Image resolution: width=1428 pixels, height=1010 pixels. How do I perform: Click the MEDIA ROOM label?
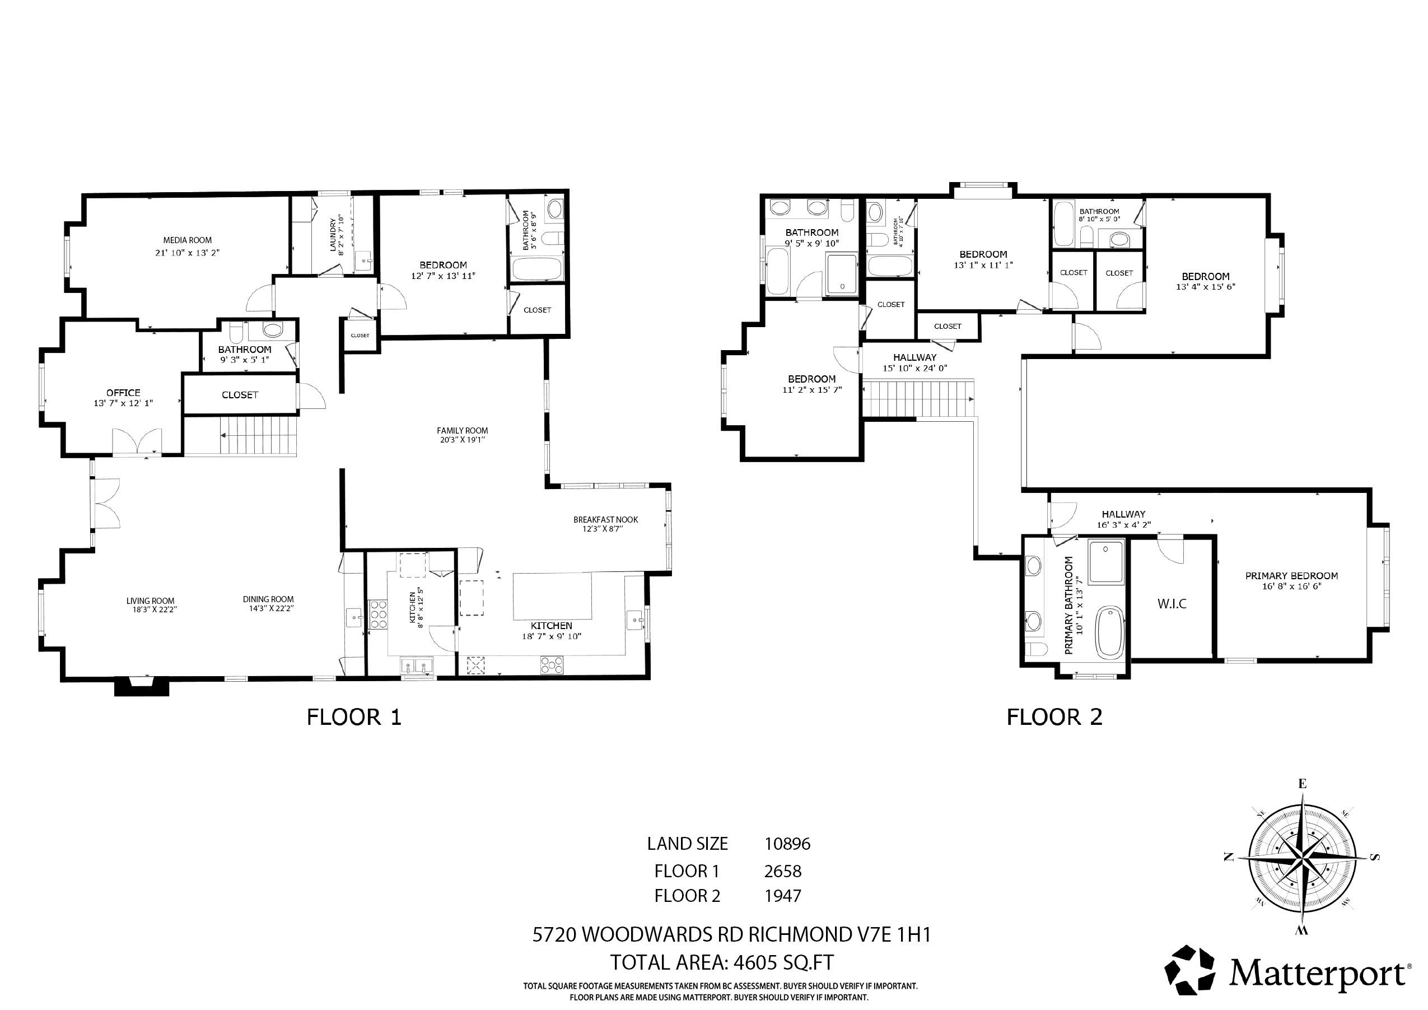(187, 240)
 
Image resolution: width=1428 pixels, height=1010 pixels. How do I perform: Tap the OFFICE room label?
(123, 393)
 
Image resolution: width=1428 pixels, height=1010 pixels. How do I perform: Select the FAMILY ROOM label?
(462, 431)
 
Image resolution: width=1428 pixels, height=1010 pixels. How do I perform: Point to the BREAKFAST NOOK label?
(606, 520)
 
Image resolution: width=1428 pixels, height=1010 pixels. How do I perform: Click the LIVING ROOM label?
(151, 601)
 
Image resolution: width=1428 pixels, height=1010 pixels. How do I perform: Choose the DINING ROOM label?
(268, 600)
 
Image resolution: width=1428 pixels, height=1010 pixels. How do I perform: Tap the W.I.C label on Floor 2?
(1172, 604)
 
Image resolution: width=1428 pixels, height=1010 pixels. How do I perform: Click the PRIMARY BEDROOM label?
(1291, 576)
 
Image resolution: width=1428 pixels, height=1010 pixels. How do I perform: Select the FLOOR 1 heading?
(354, 718)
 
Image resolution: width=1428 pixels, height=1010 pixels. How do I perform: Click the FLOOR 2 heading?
(1055, 718)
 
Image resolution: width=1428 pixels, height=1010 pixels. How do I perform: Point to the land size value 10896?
(787, 844)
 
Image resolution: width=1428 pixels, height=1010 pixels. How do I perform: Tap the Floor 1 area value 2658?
(783, 871)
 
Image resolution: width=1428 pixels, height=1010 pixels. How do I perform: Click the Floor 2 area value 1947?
(783, 896)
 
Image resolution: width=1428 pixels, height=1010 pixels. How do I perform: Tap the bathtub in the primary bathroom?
(1109, 633)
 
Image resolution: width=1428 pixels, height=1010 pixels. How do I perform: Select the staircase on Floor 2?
(916, 398)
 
